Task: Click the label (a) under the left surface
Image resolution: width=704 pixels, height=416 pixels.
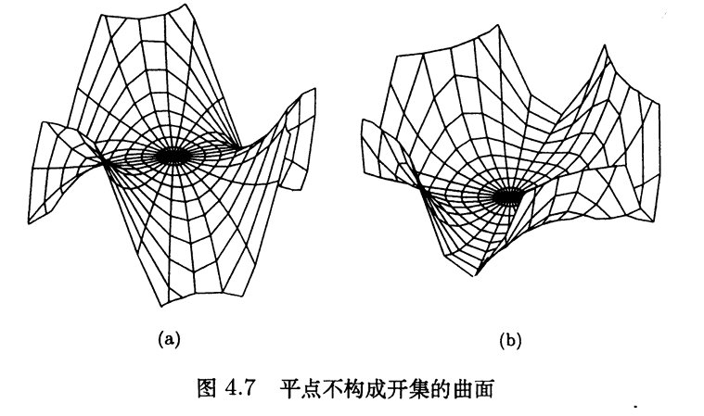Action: (x=169, y=339)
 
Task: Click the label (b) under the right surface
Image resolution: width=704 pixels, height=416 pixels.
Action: (x=510, y=341)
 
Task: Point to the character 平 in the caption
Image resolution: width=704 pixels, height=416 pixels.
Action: (x=292, y=388)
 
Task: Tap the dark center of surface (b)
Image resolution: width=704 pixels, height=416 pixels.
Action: (x=507, y=196)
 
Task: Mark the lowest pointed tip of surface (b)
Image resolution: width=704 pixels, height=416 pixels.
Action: (x=476, y=275)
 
